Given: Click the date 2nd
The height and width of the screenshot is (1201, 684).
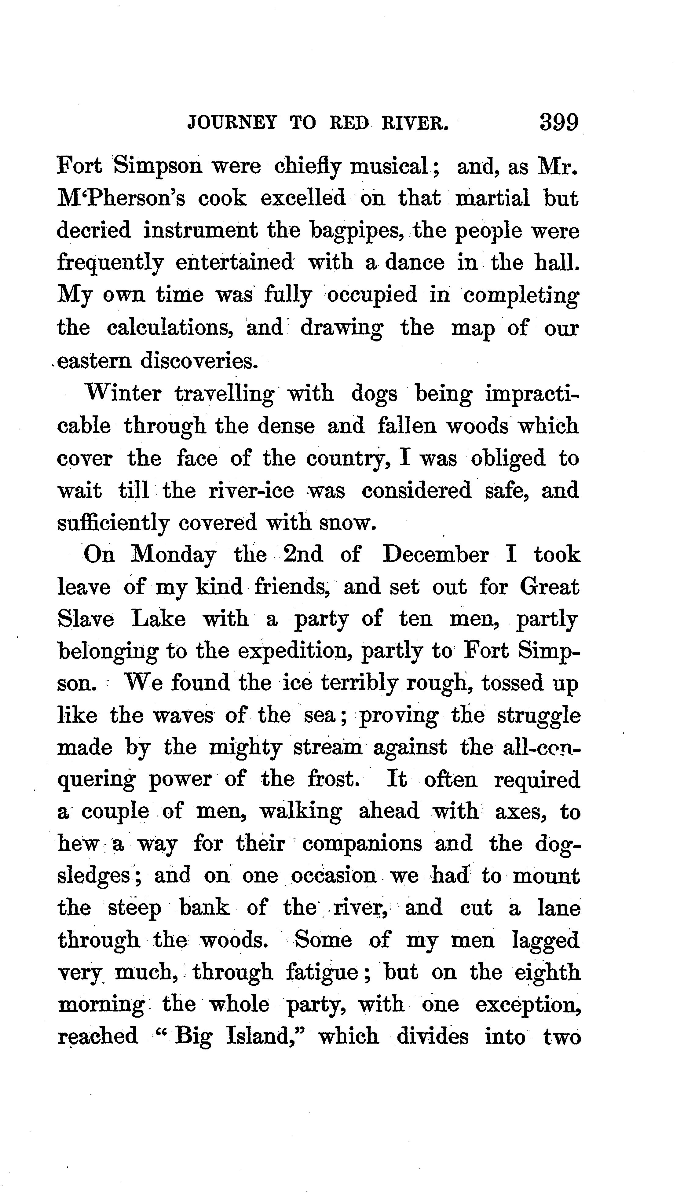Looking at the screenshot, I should coord(303,555).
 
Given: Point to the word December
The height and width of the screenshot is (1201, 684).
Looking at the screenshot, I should coord(435,555).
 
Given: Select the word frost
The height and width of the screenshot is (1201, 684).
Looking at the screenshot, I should coord(334,779).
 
